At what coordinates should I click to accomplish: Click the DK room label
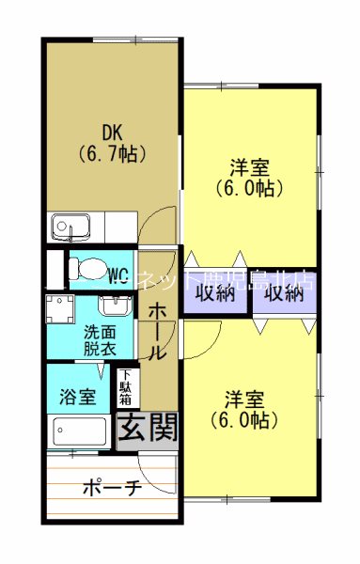coord(113,131)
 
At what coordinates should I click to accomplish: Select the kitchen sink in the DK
coord(68,227)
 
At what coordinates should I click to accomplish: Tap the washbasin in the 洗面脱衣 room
coord(114,306)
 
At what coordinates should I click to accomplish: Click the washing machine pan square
coord(59,308)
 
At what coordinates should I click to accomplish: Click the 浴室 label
coord(77,397)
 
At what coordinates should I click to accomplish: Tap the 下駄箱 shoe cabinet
coord(124,387)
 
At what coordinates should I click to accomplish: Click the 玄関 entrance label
coord(146,429)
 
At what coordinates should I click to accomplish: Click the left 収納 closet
coord(214,292)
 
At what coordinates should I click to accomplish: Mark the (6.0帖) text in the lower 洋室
coord(244,419)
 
